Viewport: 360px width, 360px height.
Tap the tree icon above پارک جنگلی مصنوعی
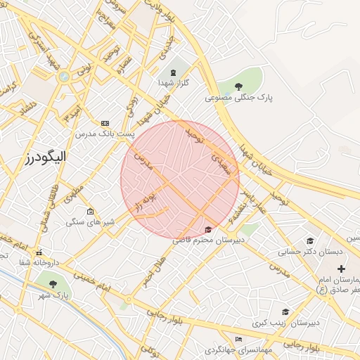coord(239,86)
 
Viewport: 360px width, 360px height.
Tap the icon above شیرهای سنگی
coord(90,211)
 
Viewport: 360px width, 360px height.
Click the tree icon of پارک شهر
coord(53,284)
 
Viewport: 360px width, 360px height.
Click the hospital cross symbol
coord(342,269)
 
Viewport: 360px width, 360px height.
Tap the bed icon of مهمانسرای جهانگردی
coord(238,338)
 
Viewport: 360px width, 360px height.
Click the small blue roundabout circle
coord(64,76)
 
